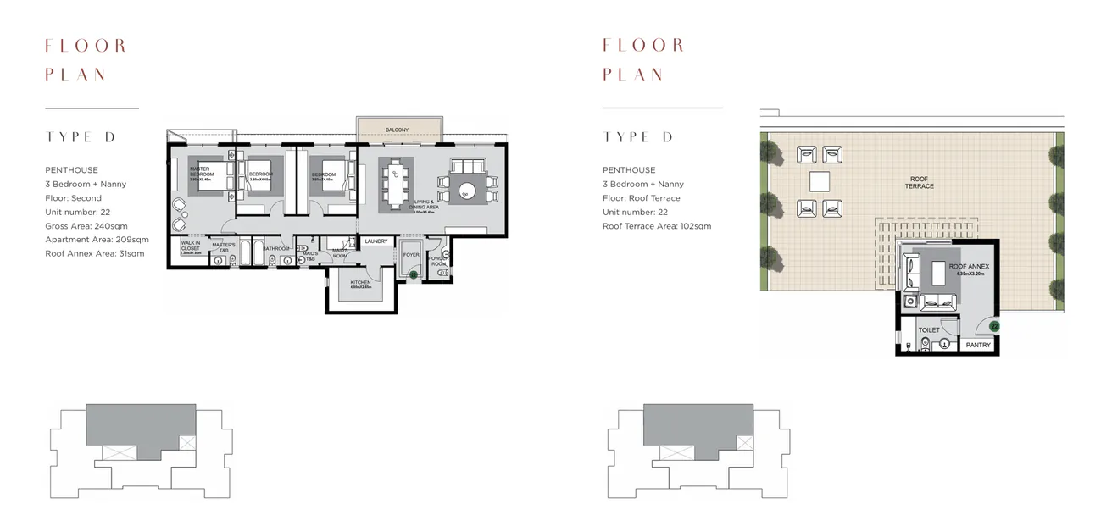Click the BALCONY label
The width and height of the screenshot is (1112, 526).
[x=397, y=130]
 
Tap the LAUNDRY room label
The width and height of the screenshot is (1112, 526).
[x=375, y=241]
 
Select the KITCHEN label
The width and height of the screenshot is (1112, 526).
[x=360, y=282]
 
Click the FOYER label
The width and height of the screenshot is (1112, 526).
[x=411, y=255]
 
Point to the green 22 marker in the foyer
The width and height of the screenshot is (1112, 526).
[x=413, y=274]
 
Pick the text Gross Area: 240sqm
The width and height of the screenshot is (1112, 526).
[x=87, y=226]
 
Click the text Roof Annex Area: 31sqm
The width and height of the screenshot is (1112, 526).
[x=94, y=253]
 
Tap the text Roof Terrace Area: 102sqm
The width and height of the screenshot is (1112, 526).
[x=657, y=226]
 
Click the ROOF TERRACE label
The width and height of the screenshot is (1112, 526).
[x=919, y=182]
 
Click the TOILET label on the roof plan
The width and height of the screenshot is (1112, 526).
[x=929, y=330]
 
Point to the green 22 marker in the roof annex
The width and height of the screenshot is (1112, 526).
[x=994, y=326]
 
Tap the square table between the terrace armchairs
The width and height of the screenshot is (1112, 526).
[x=820, y=181]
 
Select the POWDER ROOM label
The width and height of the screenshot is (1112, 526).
[x=438, y=261]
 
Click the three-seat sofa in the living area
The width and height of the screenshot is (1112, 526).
[x=467, y=164]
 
